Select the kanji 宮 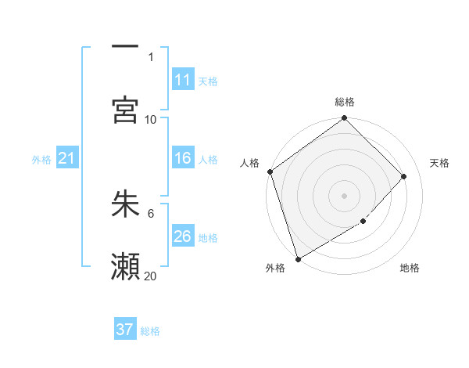pos(125,110)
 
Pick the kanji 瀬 pos(125,266)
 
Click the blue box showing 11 pos(183,80)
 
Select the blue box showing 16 pos(183,158)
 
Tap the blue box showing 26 pos(183,236)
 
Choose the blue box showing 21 pos(66,158)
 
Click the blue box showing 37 pos(125,330)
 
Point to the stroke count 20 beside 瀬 pos(151,276)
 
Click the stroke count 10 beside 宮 pos(151,119)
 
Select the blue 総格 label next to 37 pos(150,331)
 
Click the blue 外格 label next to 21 pos(41,160)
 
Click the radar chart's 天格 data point pos(404,176)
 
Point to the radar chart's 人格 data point pos(270,171)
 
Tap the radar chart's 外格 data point pos(298,258)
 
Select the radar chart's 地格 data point pos(363,222)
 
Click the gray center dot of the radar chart pos(344,196)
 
